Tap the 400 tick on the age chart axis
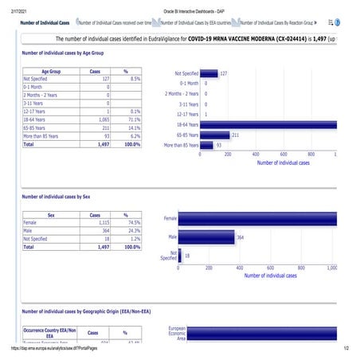tap(256, 155)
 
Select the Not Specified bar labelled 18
tap(181, 256)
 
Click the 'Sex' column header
tap(50, 215)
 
